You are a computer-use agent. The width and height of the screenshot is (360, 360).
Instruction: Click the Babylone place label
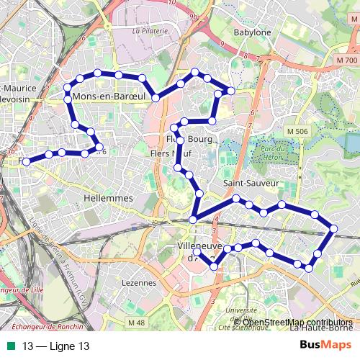coord(253,32)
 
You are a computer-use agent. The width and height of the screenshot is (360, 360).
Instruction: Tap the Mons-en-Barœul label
coord(105,96)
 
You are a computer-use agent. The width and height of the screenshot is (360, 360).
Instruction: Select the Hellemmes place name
coord(109,197)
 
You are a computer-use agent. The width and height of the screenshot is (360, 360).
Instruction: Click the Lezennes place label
coord(140,283)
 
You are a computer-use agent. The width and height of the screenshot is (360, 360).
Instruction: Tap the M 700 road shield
coord(346,62)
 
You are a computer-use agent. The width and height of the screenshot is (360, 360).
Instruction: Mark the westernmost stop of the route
coord(27,162)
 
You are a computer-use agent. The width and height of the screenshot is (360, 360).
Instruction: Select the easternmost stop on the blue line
coord(333,229)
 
